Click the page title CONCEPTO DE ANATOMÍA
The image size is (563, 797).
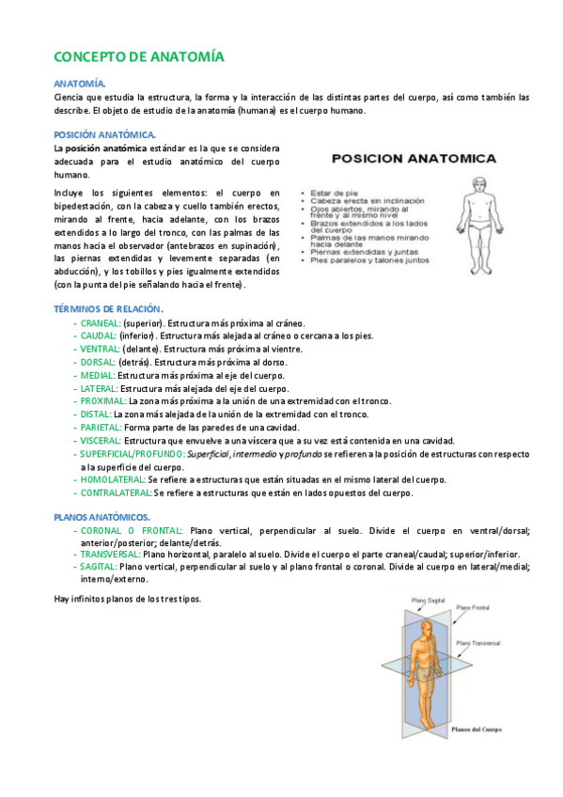coord(139,56)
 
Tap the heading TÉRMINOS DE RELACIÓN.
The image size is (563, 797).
coord(108,309)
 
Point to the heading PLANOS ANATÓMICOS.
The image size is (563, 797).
coord(102,517)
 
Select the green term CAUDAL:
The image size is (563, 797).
coord(100,336)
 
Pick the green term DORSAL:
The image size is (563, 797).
coord(99,362)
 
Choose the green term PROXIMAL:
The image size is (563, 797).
coord(103,400)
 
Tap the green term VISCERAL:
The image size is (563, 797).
coord(102,440)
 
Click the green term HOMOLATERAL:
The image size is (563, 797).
coord(113,479)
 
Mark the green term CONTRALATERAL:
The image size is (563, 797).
coord(117,492)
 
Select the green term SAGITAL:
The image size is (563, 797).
coord(99,567)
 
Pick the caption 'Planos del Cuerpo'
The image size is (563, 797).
coord(477,728)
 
